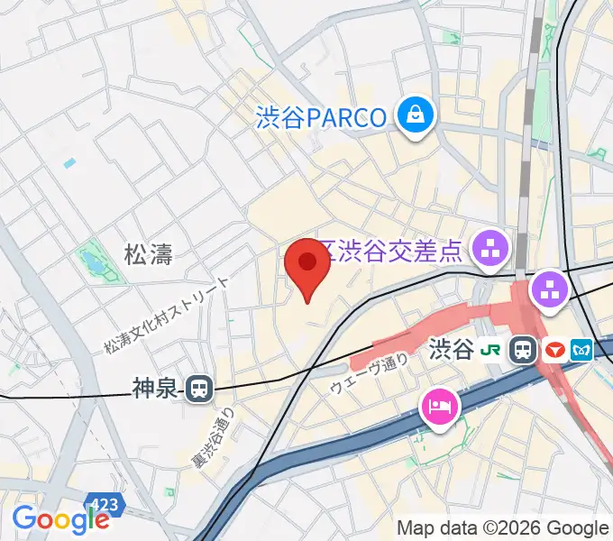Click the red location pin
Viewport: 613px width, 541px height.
(x=307, y=266)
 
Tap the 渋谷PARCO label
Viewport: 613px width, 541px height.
(x=321, y=117)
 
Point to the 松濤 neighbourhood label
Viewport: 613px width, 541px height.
(x=148, y=255)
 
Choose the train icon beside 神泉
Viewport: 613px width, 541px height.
(x=199, y=390)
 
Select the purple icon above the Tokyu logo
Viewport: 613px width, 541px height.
(x=547, y=289)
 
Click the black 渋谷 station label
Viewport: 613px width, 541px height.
(x=452, y=350)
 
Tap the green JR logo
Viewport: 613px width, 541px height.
(x=491, y=350)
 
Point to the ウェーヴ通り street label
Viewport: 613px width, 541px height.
(x=370, y=373)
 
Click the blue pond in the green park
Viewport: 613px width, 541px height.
(x=92, y=263)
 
